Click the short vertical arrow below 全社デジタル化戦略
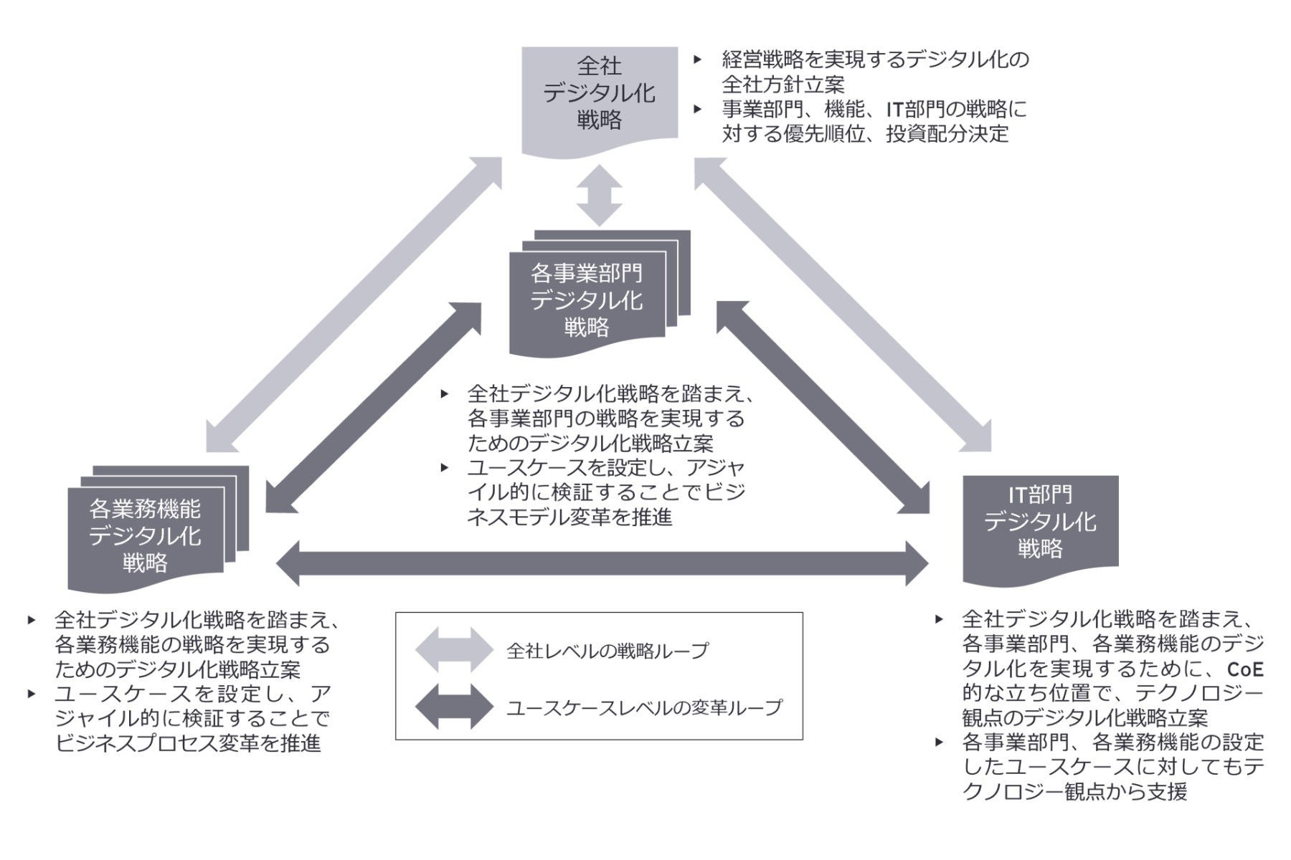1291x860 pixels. tap(600, 195)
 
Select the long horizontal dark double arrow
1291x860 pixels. tap(602, 564)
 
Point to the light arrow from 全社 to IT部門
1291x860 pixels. tap(843, 305)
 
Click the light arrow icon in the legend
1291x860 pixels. tap(454, 650)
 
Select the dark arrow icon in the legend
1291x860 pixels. tap(454, 707)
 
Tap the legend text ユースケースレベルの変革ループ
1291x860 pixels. tap(644, 708)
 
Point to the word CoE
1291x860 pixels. tap(1244, 669)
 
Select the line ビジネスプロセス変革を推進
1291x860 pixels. tap(188, 743)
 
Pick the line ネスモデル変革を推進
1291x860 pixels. tap(569, 517)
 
